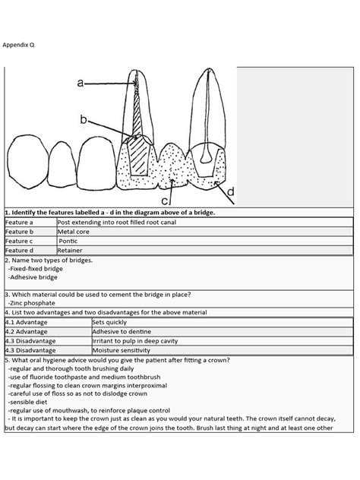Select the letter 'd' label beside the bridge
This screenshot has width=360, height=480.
click(x=230, y=193)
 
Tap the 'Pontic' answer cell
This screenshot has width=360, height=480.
click(x=74, y=240)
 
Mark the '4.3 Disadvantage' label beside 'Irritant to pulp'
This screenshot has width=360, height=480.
click(x=31, y=341)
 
